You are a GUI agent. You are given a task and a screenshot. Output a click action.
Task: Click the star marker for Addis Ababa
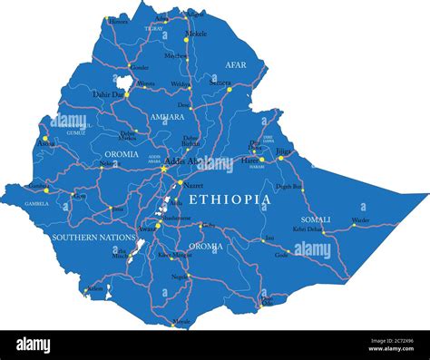coord(164,167)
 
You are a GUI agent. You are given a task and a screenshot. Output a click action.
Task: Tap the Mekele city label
coord(196,34)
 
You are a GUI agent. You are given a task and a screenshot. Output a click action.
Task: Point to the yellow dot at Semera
coord(230,89)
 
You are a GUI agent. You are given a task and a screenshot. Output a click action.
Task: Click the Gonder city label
coord(139,67)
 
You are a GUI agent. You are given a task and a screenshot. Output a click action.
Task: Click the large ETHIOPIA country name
coord(230,199)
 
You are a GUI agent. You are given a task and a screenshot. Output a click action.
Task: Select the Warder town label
coord(360,219)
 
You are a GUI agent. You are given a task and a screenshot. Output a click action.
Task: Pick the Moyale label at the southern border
coord(182,320)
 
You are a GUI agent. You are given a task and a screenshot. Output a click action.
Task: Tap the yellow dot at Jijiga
coord(281,158)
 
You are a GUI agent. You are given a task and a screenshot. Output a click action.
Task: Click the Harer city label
coord(250,161)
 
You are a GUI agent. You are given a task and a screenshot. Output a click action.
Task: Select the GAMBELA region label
coord(36,204)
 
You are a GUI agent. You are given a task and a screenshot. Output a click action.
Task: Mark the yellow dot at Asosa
coord(44,138)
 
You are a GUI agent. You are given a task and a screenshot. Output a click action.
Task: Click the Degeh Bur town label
coord(289,186)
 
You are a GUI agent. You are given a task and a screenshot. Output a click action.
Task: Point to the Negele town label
coord(181,276)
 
